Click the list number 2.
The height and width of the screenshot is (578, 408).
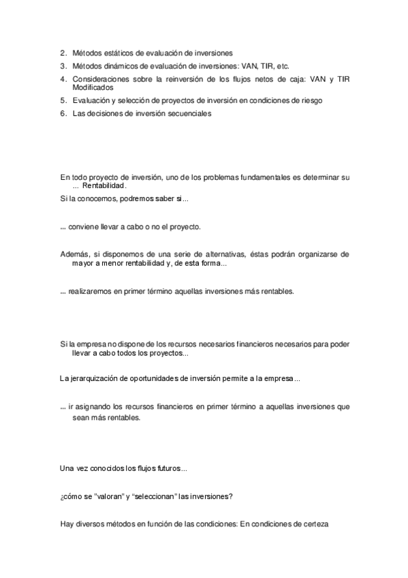pos(63,52)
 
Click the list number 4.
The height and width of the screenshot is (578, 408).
pos(63,79)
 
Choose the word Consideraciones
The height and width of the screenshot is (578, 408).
pos(102,79)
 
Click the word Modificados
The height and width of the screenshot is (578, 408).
pos(93,87)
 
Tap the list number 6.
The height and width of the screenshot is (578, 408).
pos(63,114)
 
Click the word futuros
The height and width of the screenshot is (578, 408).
pos(171,468)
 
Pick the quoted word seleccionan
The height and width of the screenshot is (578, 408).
pos(155,496)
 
